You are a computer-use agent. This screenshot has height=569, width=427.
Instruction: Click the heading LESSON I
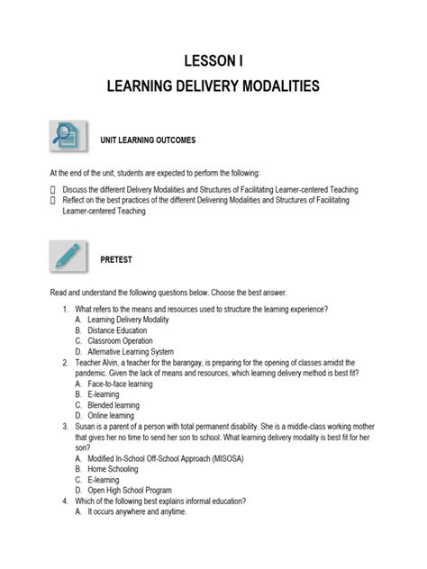pos(213,61)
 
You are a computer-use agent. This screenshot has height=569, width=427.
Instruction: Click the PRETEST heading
pos(116,259)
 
